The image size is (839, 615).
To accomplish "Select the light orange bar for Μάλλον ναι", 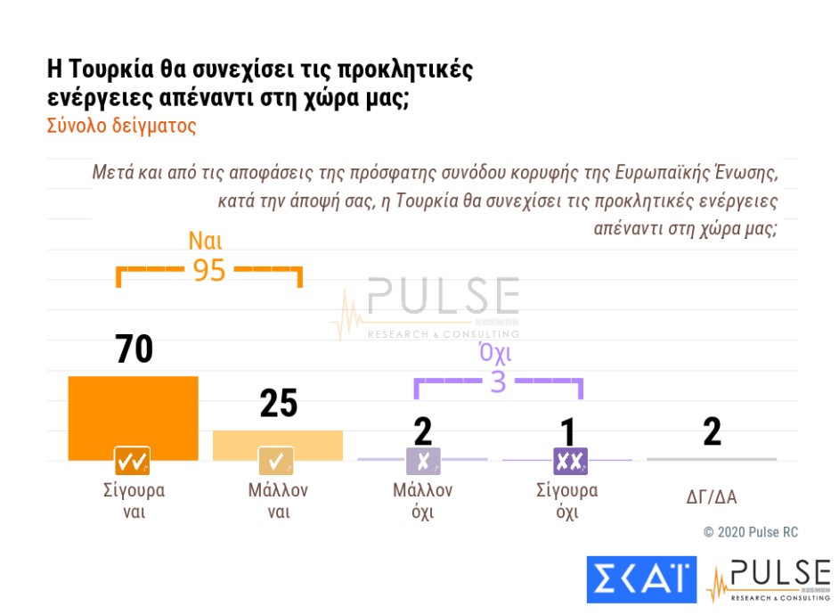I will coord(277,444).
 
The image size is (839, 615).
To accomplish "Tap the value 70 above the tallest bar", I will coord(134,348).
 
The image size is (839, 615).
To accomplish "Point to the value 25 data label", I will coord(278,404).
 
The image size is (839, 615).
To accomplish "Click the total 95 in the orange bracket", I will coord(210,270).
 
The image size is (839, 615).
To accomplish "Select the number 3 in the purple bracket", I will coord(498,381).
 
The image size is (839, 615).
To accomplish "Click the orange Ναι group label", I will coord(205,241).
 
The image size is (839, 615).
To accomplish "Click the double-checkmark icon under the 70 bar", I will coord(132,461).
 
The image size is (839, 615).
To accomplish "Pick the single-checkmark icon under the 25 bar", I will coord(276,461).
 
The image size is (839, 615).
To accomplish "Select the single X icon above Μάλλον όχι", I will coord(423,461).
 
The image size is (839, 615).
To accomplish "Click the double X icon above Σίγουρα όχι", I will coord(567,461).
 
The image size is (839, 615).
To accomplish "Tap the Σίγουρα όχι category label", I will coord(567,501).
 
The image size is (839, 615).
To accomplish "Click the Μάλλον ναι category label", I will coord(278,501).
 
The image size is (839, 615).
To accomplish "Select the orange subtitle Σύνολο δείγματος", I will coord(121,125).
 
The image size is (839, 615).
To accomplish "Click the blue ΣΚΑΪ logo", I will coord(641,579).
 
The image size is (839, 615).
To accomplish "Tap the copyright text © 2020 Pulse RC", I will coord(751,532).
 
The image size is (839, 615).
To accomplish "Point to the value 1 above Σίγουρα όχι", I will coord(567,431).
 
